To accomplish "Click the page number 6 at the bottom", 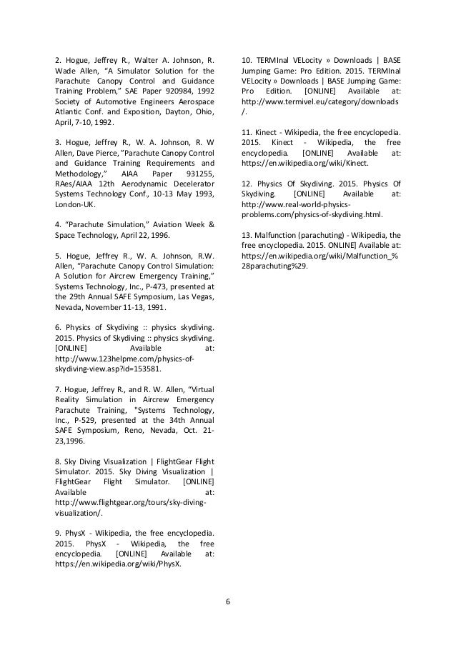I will [x=228, y=600].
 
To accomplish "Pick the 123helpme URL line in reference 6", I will [x=116, y=360].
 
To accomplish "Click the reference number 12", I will [x=247, y=182].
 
